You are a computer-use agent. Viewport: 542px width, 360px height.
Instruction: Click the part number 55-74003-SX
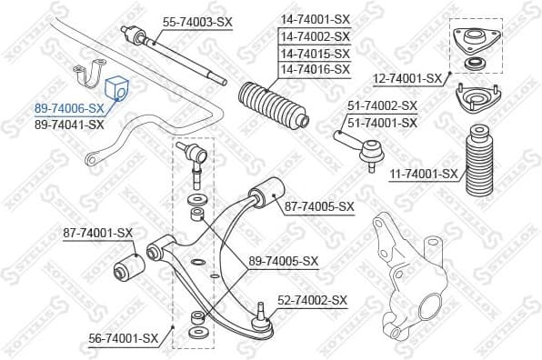pos(199,20)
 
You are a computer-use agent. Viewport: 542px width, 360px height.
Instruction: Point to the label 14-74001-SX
pos(315,19)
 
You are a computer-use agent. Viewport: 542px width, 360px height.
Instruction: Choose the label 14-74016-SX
pos(315,69)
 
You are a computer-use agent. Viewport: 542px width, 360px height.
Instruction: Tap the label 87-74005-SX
pos(319,206)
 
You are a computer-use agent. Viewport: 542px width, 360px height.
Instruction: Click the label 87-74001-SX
pos(98,233)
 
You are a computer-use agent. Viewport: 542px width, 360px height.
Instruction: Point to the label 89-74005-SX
pos(284,261)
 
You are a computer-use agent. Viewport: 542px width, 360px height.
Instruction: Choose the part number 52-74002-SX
pos(313,299)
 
